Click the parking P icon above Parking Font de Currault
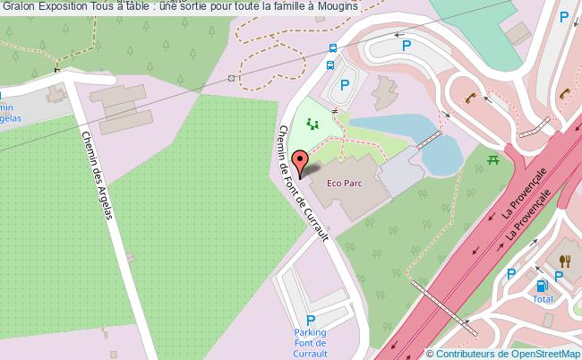point(311,320)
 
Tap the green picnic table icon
point(492,159)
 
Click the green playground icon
point(312,125)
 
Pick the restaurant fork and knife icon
point(564,261)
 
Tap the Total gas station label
point(543,299)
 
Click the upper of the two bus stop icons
point(333,49)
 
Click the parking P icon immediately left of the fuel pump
point(511,275)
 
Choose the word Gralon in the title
point(18,6)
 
